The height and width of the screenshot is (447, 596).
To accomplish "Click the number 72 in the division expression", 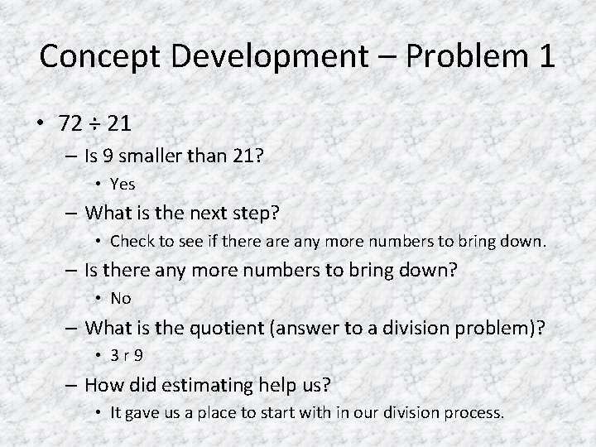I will (70, 125).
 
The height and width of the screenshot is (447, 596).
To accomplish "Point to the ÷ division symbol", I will (97, 125).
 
